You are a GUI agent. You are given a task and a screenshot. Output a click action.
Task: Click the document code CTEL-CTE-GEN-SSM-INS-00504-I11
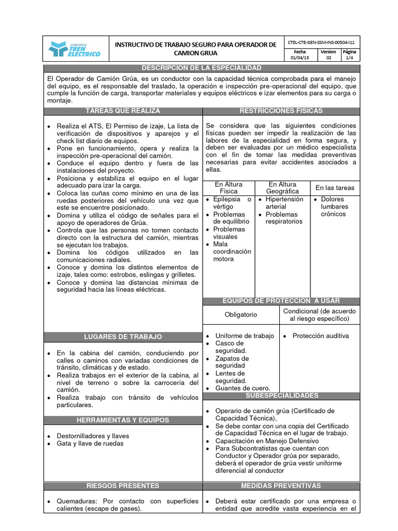322,42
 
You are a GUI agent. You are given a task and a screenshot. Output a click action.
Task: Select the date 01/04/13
300,59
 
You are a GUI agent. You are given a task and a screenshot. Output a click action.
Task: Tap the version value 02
328,59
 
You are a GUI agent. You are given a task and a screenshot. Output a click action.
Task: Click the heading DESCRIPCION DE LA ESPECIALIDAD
202,68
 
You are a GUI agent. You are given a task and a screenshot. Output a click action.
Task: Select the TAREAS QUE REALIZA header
123,111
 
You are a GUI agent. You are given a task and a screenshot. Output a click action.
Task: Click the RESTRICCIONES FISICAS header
281,111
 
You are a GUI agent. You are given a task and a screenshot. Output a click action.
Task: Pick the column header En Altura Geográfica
282,188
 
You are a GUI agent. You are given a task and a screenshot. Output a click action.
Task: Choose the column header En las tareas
335,188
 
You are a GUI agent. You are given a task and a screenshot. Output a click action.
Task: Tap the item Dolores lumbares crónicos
334,206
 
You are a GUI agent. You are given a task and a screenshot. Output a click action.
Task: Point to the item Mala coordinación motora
232,251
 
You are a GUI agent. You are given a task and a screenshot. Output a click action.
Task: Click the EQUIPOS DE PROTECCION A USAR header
281,301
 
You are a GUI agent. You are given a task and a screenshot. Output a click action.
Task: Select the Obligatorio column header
240,315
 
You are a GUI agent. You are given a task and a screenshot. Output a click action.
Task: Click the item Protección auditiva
320,336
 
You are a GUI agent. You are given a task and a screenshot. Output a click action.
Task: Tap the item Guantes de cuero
243,388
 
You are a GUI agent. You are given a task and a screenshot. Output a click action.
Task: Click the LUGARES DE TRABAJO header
123,337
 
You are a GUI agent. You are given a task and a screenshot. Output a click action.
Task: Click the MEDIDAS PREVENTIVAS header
281,486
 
